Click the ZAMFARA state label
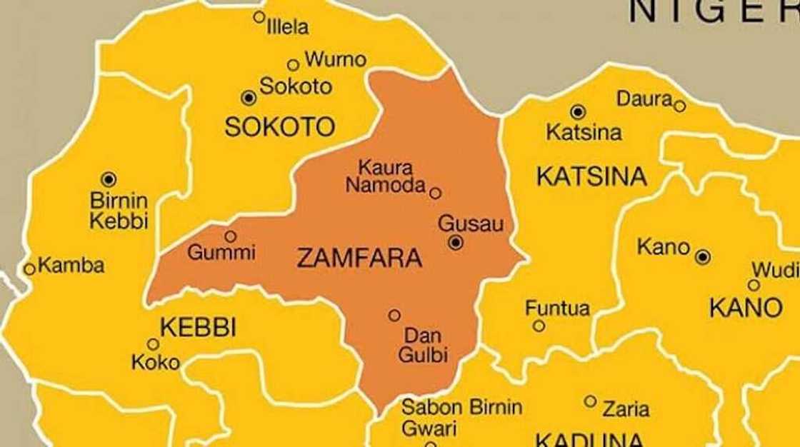[x=359, y=258]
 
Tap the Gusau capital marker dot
[x=456, y=243]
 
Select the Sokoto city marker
[x=248, y=97]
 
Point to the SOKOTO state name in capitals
[x=279, y=127]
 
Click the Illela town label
[x=287, y=27]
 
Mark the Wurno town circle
[x=293, y=65]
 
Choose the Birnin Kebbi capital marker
[x=109, y=179]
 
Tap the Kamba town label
[x=71, y=266]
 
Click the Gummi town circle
[x=230, y=236]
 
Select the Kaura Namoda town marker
[x=435, y=193]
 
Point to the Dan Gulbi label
[x=426, y=344]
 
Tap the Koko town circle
[x=153, y=344]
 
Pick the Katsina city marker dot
[x=578, y=111]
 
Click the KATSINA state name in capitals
[x=591, y=176]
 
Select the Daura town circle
[x=679, y=106]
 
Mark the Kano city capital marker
[x=703, y=256]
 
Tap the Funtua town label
[x=557, y=308]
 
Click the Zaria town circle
[x=590, y=401]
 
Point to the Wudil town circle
[x=754, y=285]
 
